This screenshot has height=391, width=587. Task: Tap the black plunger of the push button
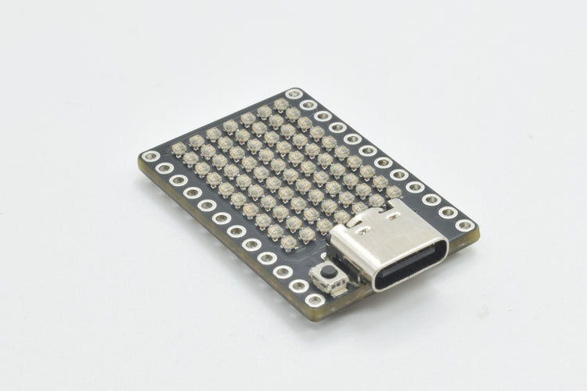(330, 273)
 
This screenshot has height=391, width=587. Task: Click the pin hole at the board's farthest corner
(294, 94)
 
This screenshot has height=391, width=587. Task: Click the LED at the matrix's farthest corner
(281, 103)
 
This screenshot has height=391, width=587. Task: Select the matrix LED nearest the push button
(289, 242)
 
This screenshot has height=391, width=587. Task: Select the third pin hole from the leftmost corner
(178, 181)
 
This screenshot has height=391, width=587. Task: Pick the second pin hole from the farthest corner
(308, 104)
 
